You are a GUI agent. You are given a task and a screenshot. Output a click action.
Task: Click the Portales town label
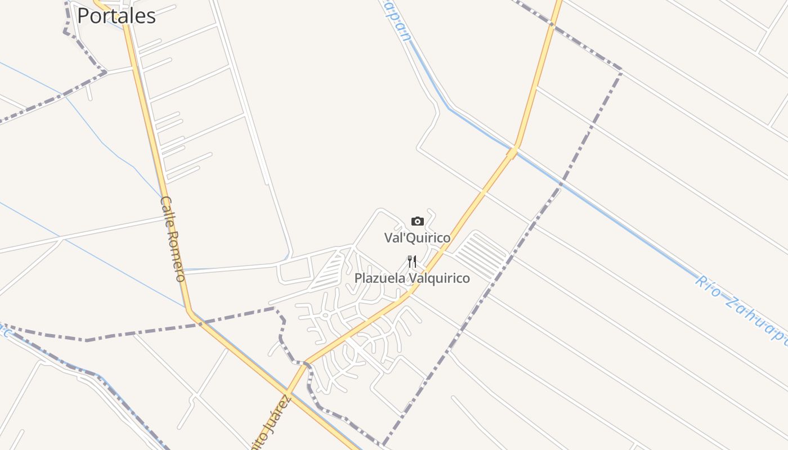(116, 16)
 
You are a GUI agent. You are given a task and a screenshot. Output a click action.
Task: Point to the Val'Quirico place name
(417, 238)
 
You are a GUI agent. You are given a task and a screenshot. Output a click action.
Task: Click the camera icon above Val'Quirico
(417, 221)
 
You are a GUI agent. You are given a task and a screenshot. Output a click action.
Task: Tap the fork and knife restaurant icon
(412, 262)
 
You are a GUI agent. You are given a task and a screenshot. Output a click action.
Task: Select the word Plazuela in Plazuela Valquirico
(380, 278)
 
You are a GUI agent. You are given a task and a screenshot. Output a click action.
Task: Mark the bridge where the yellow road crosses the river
(513, 150)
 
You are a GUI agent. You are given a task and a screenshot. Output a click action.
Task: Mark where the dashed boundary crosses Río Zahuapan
(560, 184)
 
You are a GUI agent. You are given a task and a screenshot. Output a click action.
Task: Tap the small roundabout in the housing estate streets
(325, 316)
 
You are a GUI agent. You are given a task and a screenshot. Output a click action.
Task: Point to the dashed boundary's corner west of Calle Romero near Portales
(105, 72)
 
